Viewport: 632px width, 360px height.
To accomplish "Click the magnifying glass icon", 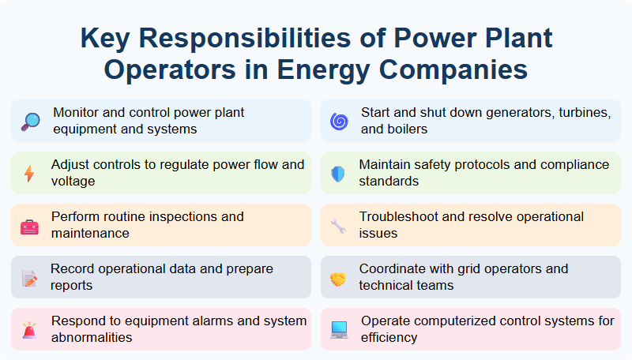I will pos(30,121).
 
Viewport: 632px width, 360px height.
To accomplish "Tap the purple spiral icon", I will pos(338,121).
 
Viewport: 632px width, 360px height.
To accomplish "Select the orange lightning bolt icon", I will pos(29,173).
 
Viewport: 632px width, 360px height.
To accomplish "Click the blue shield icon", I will pos(338,173).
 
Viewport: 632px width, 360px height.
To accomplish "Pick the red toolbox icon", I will pos(29,226).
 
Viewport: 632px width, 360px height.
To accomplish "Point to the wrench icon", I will pos(338,226).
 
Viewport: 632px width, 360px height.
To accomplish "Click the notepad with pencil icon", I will pos(29,278).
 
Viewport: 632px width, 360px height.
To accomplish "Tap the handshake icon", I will pos(338,278).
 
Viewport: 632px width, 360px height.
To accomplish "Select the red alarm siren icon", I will pos(29,330).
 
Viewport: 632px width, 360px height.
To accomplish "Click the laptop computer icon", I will pos(339,330).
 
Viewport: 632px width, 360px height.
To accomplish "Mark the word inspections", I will pos(199,216).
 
